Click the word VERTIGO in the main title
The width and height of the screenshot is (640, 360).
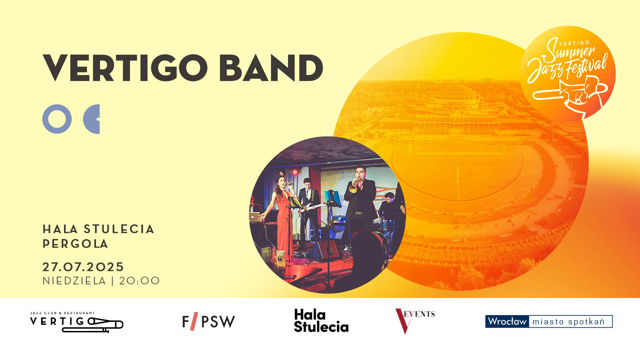pos(125,68)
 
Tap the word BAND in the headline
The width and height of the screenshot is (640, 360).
pos(271,68)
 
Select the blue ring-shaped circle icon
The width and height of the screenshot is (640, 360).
pos(57,119)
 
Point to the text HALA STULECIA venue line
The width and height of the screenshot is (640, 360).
pos(98,229)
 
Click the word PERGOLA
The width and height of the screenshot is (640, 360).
pos(75,244)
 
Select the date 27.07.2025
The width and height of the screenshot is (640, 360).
pos(83,267)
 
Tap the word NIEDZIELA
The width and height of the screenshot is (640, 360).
pos(74,281)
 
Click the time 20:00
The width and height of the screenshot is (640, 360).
pos(139,281)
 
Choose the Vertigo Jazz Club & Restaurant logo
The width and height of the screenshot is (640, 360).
pos(77,322)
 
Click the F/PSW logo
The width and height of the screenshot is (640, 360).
pos(209,321)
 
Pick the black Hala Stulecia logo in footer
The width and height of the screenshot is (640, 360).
pos(321,321)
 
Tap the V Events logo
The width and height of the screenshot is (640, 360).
pos(415,321)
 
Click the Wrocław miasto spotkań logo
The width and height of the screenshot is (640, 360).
pos(549,321)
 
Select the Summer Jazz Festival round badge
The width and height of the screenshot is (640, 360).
pos(568,74)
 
